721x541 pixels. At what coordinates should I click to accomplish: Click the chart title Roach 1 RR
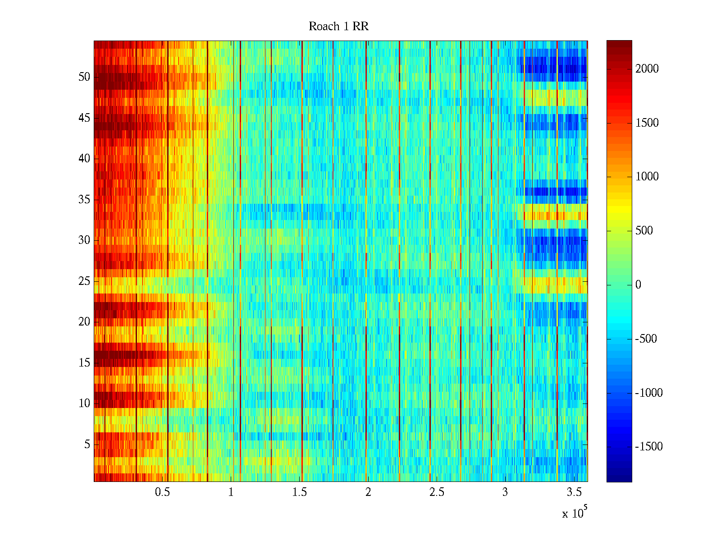pyautogui.click(x=338, y=27)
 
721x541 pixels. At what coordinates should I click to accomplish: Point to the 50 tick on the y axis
pyautogui.click(x=84, y=77)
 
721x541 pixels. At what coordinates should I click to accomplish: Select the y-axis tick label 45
pyautogui.click(x=84, y=118)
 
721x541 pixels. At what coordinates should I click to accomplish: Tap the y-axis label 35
pyautogui.click(x=84, y=200)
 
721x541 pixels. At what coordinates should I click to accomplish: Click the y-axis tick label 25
pyautogui.click(x=84, y=281)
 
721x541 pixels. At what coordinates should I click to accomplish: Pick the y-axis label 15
pyautogui.click(x=84, y=363)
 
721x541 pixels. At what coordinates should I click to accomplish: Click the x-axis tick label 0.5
pyautogui.click(x=162, y=492)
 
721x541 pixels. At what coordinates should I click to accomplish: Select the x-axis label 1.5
pyautogui.click(x=299, y=492)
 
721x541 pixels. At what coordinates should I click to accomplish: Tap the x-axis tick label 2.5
pyautogui.click(x=437, y=492)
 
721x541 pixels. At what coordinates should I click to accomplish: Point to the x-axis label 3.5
pyautogui.click(x=574, y=492)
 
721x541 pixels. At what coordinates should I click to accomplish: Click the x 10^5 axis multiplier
pyautogui.click(x=575, y=513)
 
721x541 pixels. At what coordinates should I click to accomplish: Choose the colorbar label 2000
pyautogui.click(x=647, y=69)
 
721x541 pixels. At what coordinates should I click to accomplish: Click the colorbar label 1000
pyautogui.click(x=647, y=177)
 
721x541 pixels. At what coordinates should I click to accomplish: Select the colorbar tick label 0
pyautogui.click(x=638, y=285)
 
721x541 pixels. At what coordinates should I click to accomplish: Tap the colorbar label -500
pyautogui.click(x=646, y=339)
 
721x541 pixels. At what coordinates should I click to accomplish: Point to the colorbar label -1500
pyautogui.click(x=649, y=447)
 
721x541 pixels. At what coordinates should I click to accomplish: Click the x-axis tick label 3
pyautogui.click(x=505, y=492)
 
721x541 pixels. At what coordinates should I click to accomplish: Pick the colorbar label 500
pyautogui.click(x=644, y=231)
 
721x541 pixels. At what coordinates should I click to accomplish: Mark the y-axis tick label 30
pyautogui.click(x=84, y=240)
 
